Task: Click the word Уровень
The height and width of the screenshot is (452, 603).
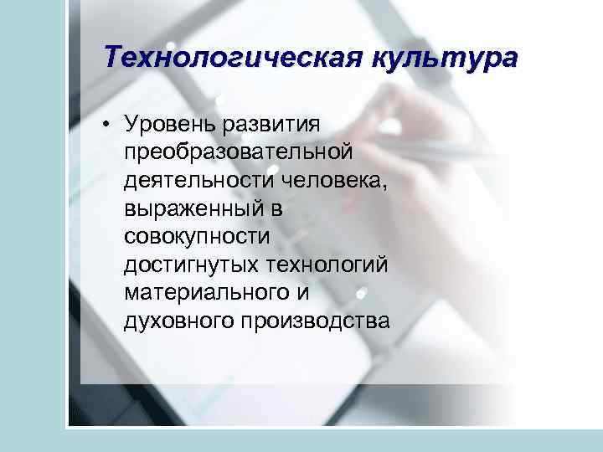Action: point(171,125)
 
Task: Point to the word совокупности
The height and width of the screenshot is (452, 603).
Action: point(198,237)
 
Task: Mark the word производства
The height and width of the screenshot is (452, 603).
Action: point(317,321)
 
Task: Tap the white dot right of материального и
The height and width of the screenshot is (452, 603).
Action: point(361,294)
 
